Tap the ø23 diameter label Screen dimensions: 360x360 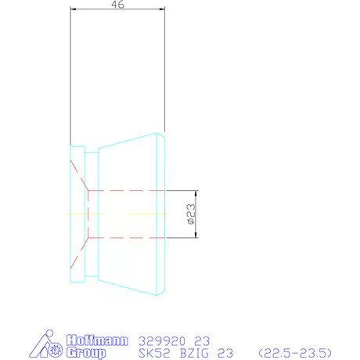tap(190, 214)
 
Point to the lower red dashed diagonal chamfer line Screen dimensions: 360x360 tap(79, 251)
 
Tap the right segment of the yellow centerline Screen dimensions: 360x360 tap(148, 213)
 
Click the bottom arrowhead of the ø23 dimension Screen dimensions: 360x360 tap(196, 233)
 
